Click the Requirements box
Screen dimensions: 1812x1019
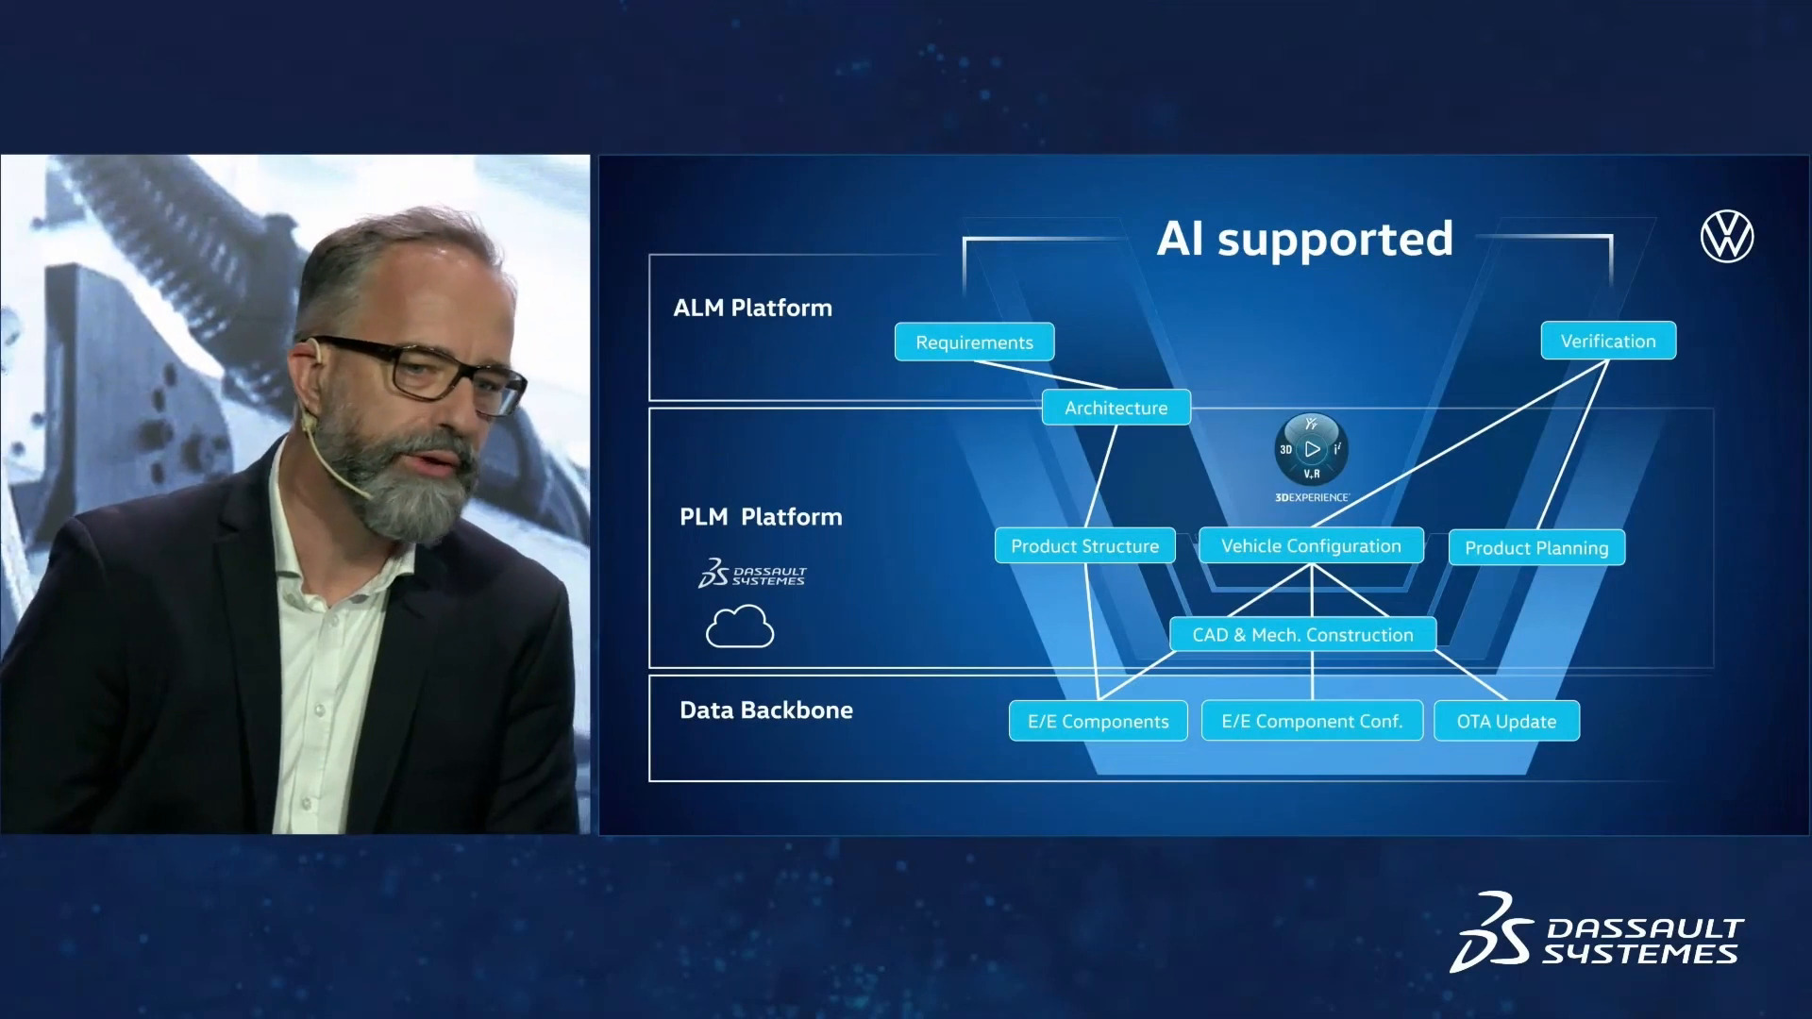pyautogui.click(x=974, y=342)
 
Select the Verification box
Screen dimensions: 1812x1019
pyautogui.click(x=1608, y=341)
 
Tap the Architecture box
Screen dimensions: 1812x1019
pyautogui.click(x=1116, y=408)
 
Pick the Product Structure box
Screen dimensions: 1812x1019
pyautogui.click(x=1085, y=545)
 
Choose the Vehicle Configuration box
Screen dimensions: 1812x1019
pyautogui.click(x=1311, y=545)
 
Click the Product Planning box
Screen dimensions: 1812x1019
pyautogui.click(x=1536, y=547)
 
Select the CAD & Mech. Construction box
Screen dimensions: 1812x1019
pyautogui.click(x=1302, y=634)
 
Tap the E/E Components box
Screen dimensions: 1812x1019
pyautogui.click(x=1099, y=721)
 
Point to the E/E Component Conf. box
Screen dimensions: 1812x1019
pyautogui.click(x=1312, y=721)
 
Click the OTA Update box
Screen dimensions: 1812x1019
pyautogui.click(x=1506, y=721)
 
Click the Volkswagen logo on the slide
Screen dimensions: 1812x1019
pyautogui.click(x=1727, y=237)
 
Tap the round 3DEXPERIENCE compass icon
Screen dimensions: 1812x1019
pyautogui.click(x=1312, y=449)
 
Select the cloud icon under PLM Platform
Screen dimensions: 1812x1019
pyautogui.click(x=740, y=628)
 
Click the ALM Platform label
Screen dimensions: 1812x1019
pyautogui.click(x=753, y=308)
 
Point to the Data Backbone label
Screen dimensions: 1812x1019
pyautogui.click(x=766, y=710)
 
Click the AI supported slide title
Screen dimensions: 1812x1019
pyautogui.click(x=1305, y=239)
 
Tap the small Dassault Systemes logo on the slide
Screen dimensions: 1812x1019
pyautogui.click(x=752, y=573)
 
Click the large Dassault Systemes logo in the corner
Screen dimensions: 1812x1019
pyautogui.click(x=1597, y=933)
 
